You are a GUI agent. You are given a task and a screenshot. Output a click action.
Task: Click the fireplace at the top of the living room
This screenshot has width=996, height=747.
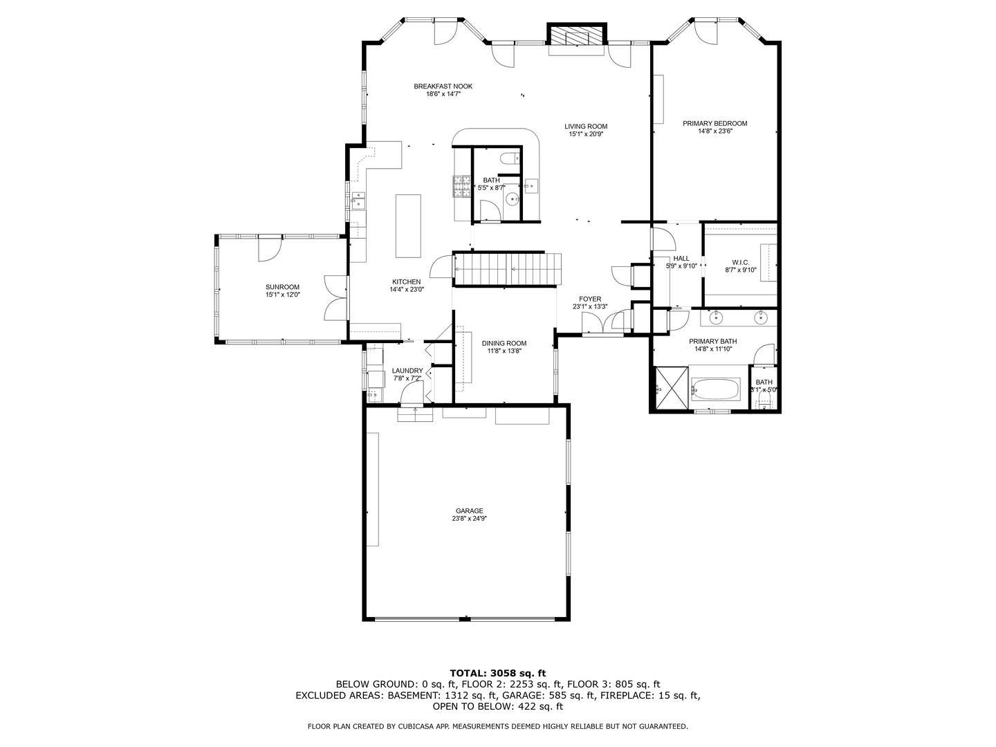[x=577, y=34]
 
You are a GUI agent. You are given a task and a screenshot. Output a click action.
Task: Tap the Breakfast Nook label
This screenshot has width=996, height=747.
[x=443, y=86]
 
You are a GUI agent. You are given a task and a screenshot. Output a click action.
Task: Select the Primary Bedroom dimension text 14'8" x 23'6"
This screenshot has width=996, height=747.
[x=715, y=131]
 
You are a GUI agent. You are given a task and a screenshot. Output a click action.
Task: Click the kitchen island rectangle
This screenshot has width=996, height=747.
[x=408, y=226]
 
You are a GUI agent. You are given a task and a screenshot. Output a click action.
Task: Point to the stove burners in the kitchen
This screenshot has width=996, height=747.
[x=462, y=187]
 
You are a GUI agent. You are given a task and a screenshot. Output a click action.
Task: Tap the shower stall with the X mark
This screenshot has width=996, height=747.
[x=672, y=387]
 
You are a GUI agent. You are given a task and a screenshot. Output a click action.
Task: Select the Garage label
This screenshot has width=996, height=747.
[x=470, y=510]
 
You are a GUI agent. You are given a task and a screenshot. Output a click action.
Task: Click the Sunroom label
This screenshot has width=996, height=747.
[x=283, y=287]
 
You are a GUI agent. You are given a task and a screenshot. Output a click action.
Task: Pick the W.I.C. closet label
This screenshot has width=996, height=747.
[x=741, y=263]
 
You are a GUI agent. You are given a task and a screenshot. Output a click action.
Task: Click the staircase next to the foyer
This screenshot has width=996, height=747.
[x=507, y=269]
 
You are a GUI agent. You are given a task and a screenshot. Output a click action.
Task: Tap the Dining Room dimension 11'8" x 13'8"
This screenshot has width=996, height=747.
[x=504, y=351]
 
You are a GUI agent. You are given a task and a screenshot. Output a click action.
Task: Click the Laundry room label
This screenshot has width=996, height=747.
[x=407, y=371]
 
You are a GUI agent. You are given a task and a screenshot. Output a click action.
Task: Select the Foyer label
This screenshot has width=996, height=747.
[x=590, y=299]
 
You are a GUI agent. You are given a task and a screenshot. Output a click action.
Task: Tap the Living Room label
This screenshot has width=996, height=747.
[x=586, y=127]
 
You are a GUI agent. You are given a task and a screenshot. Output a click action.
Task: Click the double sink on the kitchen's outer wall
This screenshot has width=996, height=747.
[x=358, y=200]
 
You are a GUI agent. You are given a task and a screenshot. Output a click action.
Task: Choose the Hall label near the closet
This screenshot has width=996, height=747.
[x=681, y=259]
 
